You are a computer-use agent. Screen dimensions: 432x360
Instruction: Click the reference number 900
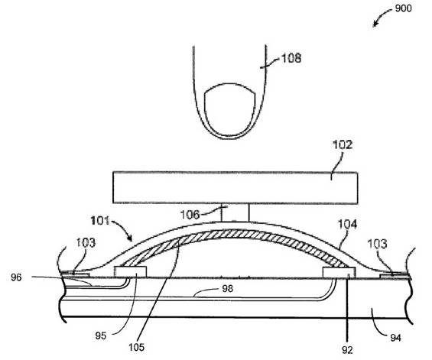point(403,8)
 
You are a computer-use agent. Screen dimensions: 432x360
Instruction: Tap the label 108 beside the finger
point(291,58)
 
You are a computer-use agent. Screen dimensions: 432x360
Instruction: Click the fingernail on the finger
point(230,109)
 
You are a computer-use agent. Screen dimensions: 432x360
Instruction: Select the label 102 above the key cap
point(343,145)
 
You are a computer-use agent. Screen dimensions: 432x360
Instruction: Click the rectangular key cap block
point(235,188)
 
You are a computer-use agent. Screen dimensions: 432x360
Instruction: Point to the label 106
point(190,214)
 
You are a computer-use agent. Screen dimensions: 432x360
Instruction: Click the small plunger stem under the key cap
point(235,212)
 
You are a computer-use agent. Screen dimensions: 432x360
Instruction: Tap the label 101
point(100,221)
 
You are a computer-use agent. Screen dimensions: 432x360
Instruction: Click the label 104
point(347,225)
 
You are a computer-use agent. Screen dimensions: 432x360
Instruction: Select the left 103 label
point(86,242)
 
